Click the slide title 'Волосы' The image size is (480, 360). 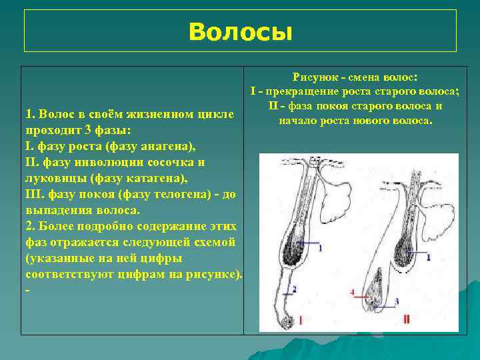[x=240, y=31]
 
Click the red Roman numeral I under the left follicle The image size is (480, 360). [x=301, y=320]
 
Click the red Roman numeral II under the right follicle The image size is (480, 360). [x=407, y=320]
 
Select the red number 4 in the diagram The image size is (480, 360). [x=352, y=292]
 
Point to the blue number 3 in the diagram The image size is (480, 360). [x=397, y=301]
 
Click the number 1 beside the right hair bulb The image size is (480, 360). [x=428, y=256]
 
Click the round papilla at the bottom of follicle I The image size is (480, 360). [x=288, y=323]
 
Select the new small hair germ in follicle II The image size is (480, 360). [x=377, y=294]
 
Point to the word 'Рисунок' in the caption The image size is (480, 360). [x=315, y=77]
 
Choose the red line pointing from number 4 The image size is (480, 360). [x=361, y=292]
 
